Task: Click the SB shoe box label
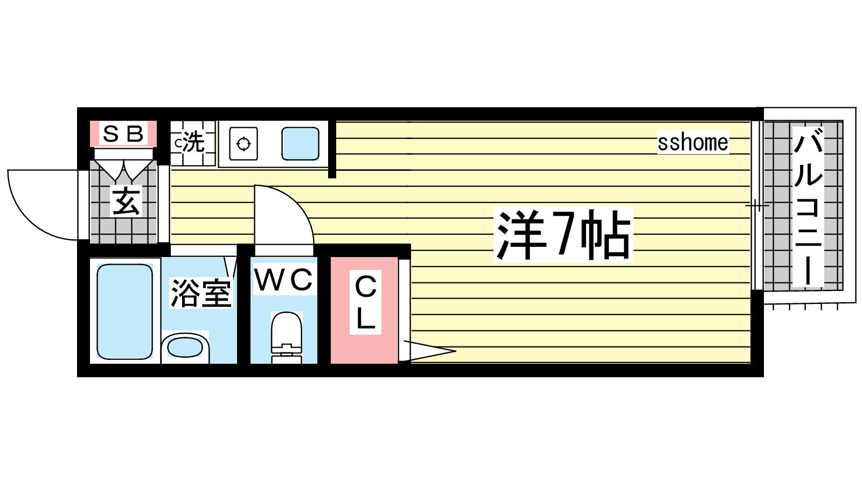tap(123, 134)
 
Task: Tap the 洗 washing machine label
tap(193, 142)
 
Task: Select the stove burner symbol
tap(243, 144)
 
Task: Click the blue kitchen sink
tap(300, 143)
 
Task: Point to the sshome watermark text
tap(693, 142)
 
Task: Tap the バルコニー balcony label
tap(808, 207)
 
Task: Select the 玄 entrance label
tap(126, 201)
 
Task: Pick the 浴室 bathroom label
tap(201, 293)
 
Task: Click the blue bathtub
tap(124, 311)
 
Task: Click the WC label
tap(284, 280)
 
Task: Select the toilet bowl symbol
tap(286, 337)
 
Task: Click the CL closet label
tap(365, 302)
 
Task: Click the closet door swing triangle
tap(429, 351)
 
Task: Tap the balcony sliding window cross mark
tap(757, 205)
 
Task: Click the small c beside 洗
tap(178, 143)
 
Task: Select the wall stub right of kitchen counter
tap(332, 149)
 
